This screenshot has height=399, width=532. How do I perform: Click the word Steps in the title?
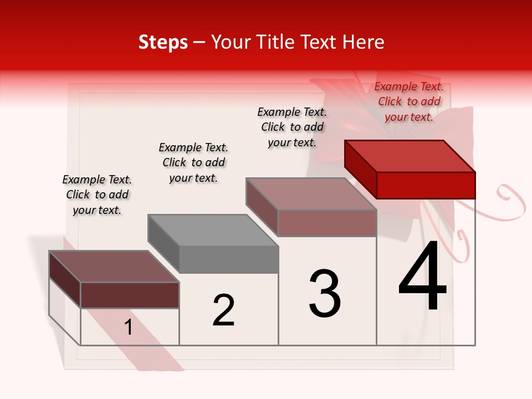pos(163,42)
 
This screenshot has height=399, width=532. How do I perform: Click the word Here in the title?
pos(363,42)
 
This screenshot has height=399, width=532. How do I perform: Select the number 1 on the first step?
pos(129,328)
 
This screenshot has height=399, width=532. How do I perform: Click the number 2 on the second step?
pos(223,310)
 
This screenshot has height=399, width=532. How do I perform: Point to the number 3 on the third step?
pos(325,293)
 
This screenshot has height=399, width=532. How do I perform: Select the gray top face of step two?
pos(213,230)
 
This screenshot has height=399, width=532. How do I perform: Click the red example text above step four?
pos(409,101)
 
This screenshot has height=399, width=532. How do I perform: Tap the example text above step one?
pos(97,195)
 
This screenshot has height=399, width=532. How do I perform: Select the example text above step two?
pos(193,162)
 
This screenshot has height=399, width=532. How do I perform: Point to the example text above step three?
pos(292,127)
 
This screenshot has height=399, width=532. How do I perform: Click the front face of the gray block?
pos(229,259)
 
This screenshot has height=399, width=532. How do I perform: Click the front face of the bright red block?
pos(426,185)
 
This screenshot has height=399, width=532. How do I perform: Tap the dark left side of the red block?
pos(360,168)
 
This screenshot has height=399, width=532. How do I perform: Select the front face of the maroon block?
pos(130,295)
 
